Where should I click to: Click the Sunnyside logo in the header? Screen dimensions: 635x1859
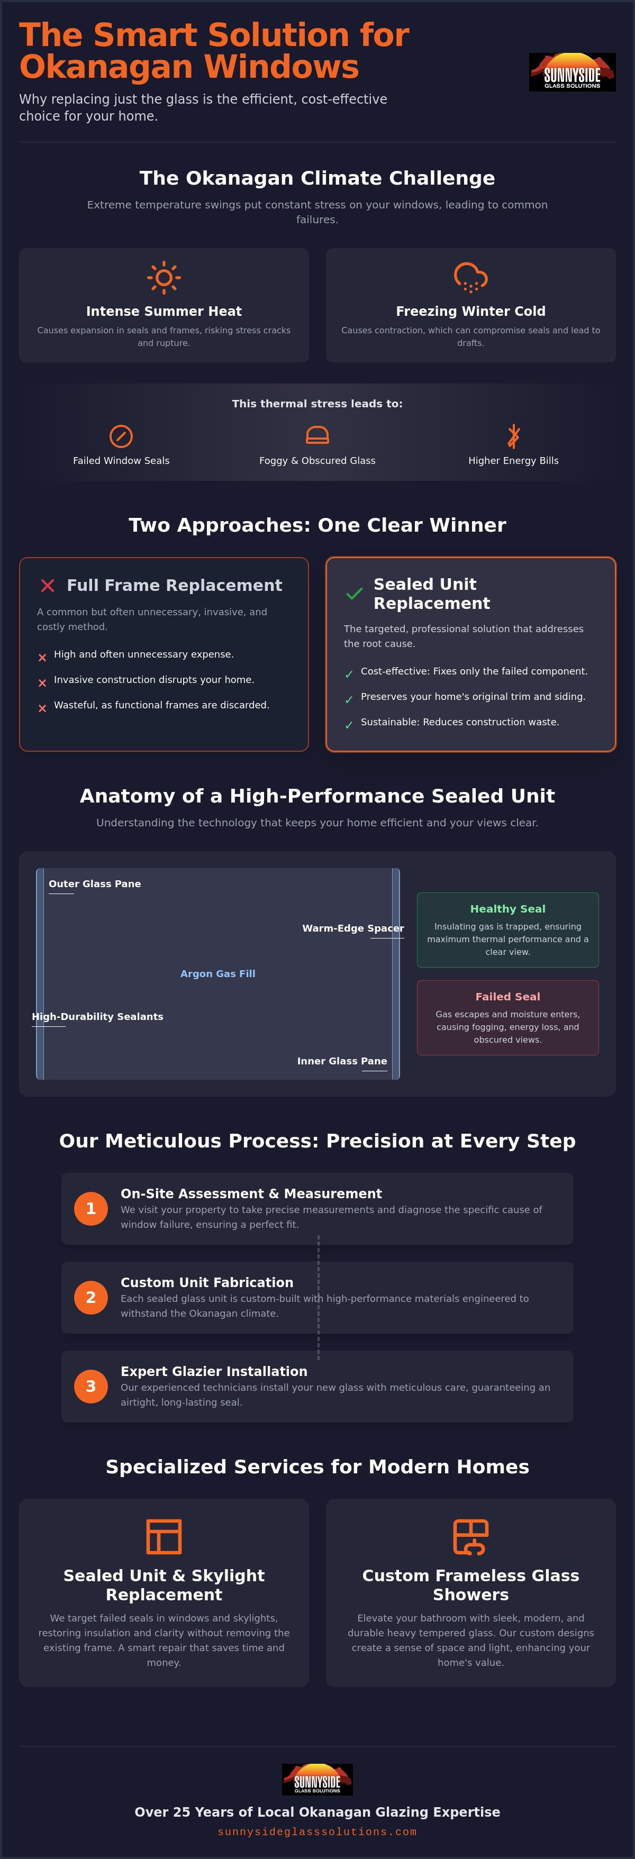572,71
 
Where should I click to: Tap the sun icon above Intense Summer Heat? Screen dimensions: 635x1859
164,277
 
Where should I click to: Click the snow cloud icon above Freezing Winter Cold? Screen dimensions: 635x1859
470,277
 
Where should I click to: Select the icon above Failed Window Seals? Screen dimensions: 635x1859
121,436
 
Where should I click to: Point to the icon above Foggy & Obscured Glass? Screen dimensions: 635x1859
317,435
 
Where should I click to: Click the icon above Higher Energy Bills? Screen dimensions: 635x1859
513,436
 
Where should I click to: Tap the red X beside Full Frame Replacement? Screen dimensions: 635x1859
48,585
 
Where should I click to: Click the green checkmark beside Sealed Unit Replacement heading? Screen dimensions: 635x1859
355,594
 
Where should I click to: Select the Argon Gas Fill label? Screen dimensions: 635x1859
218,973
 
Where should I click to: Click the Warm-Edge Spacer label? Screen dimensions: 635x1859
353,928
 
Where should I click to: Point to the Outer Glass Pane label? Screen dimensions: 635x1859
95,884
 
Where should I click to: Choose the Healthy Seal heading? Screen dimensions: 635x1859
508,908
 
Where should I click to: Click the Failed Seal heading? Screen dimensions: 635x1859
508,997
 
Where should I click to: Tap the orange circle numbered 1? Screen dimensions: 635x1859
91,1208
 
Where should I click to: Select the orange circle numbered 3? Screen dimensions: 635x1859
91,1386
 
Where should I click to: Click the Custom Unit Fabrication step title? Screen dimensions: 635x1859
207,1282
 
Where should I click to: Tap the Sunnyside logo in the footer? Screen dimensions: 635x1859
317,1779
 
